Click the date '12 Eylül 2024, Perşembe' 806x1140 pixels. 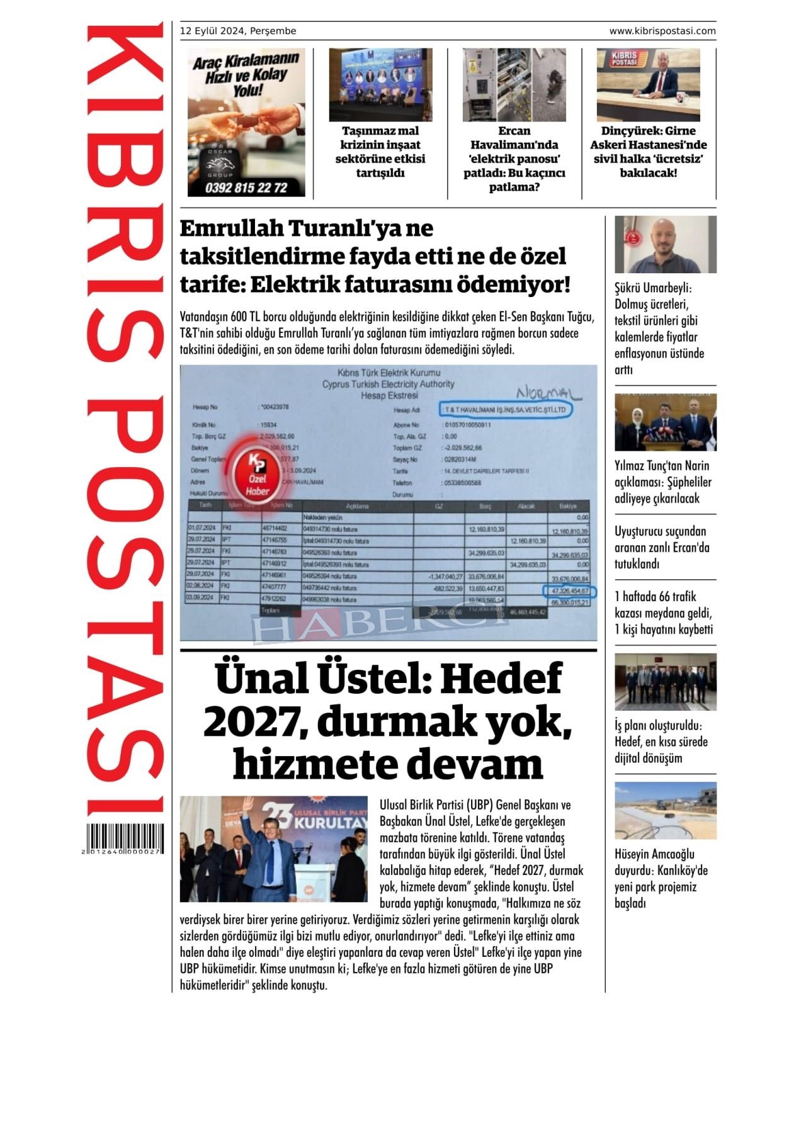click(238, 31)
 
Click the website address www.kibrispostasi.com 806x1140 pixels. click(662, 31)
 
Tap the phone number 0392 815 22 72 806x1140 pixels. click(246, 188)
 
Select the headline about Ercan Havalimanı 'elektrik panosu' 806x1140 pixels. click(514, 159)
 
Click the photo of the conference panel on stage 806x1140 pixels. click(380, 85)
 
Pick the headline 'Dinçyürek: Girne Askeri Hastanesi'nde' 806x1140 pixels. click(649, 152)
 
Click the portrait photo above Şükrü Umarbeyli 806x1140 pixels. click(666, 244)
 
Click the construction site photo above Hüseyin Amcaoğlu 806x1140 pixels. click(666, 810)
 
